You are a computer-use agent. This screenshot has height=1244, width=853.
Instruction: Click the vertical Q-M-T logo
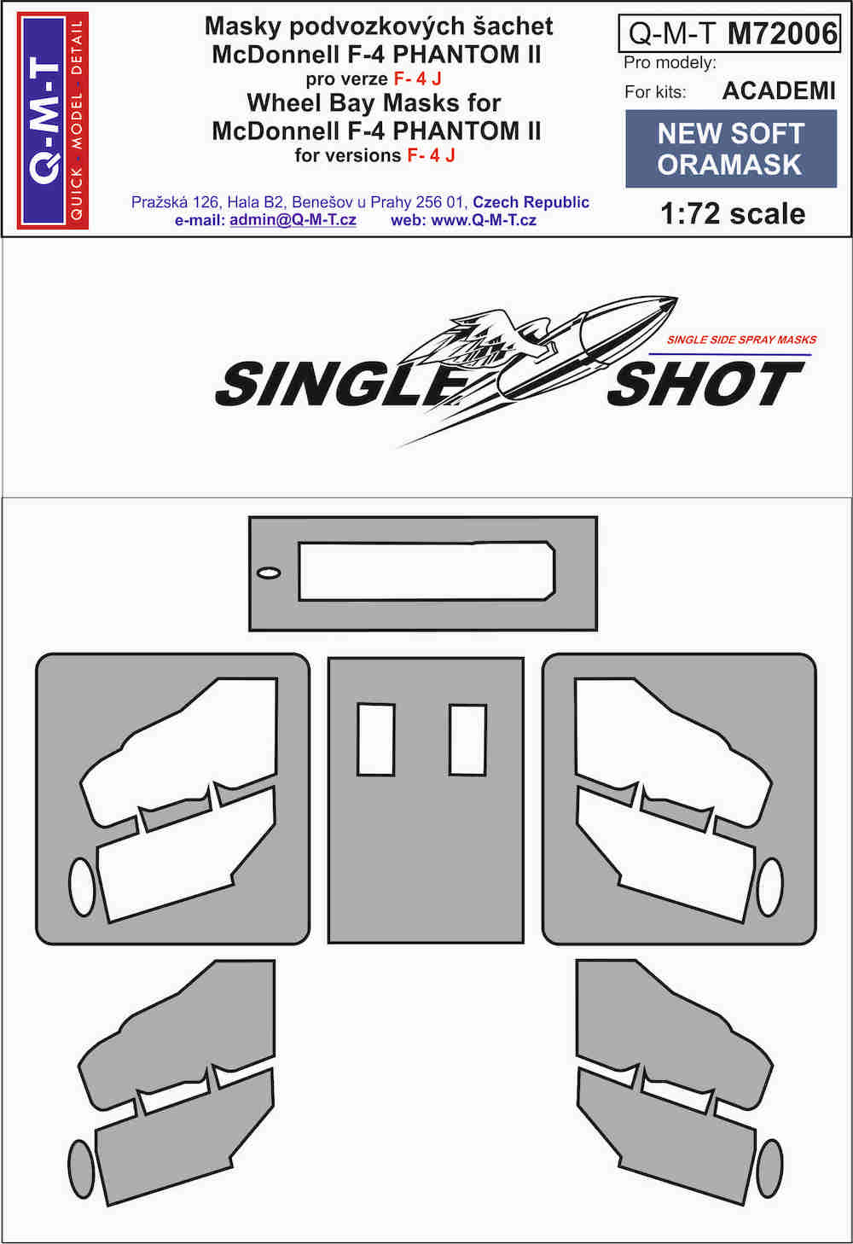(53, 120)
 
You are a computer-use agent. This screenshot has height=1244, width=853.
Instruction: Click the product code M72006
(782, 33)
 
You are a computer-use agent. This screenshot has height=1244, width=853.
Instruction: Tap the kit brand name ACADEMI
(779, 91)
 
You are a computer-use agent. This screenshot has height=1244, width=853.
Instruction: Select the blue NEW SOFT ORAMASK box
(731, 148)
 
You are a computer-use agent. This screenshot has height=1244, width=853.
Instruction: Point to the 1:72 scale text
(733, 214)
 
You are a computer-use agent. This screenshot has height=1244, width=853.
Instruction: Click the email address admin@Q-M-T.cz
(293, 220)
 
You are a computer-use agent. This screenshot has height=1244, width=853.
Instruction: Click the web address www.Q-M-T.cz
(484, 220)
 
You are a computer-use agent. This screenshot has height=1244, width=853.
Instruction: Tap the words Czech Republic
(531, 202)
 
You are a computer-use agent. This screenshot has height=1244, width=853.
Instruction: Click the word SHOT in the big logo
(705, 384)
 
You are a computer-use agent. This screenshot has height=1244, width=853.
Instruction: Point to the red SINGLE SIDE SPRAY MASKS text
(741, 340)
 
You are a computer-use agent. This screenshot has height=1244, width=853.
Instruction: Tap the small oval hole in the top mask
(269, 573)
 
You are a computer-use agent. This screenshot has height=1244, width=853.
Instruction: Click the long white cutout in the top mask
(426, 571)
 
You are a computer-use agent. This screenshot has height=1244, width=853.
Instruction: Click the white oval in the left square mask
(82, 886)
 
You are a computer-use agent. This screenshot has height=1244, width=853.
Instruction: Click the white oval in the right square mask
(770, 886)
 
